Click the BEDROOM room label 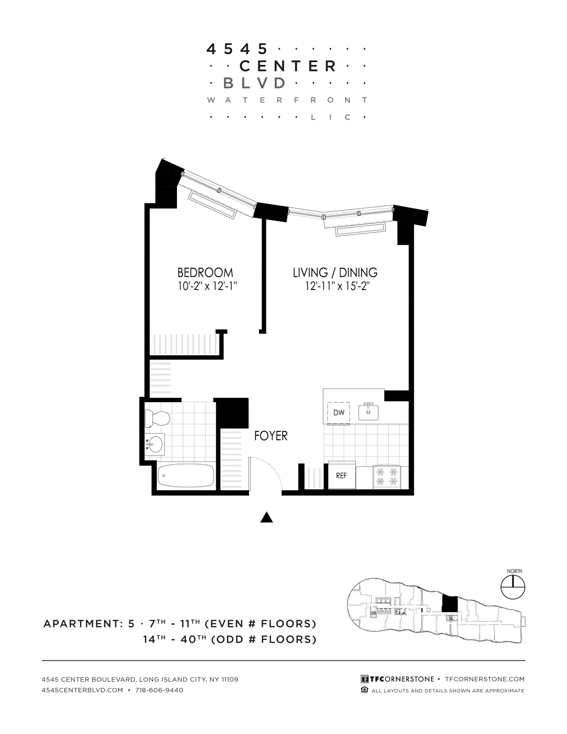205,272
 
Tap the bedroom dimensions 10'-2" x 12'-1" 207,286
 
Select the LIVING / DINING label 335,272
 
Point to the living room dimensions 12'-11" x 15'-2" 336,286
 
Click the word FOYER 271,436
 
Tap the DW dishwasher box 339,412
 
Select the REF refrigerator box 341,475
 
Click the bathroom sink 155,444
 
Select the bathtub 186,475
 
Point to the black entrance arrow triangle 266,518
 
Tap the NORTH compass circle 513,588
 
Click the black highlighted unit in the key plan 449,605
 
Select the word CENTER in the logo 288,66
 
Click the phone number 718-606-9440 159,690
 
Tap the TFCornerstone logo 397,679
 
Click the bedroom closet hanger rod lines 185,345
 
